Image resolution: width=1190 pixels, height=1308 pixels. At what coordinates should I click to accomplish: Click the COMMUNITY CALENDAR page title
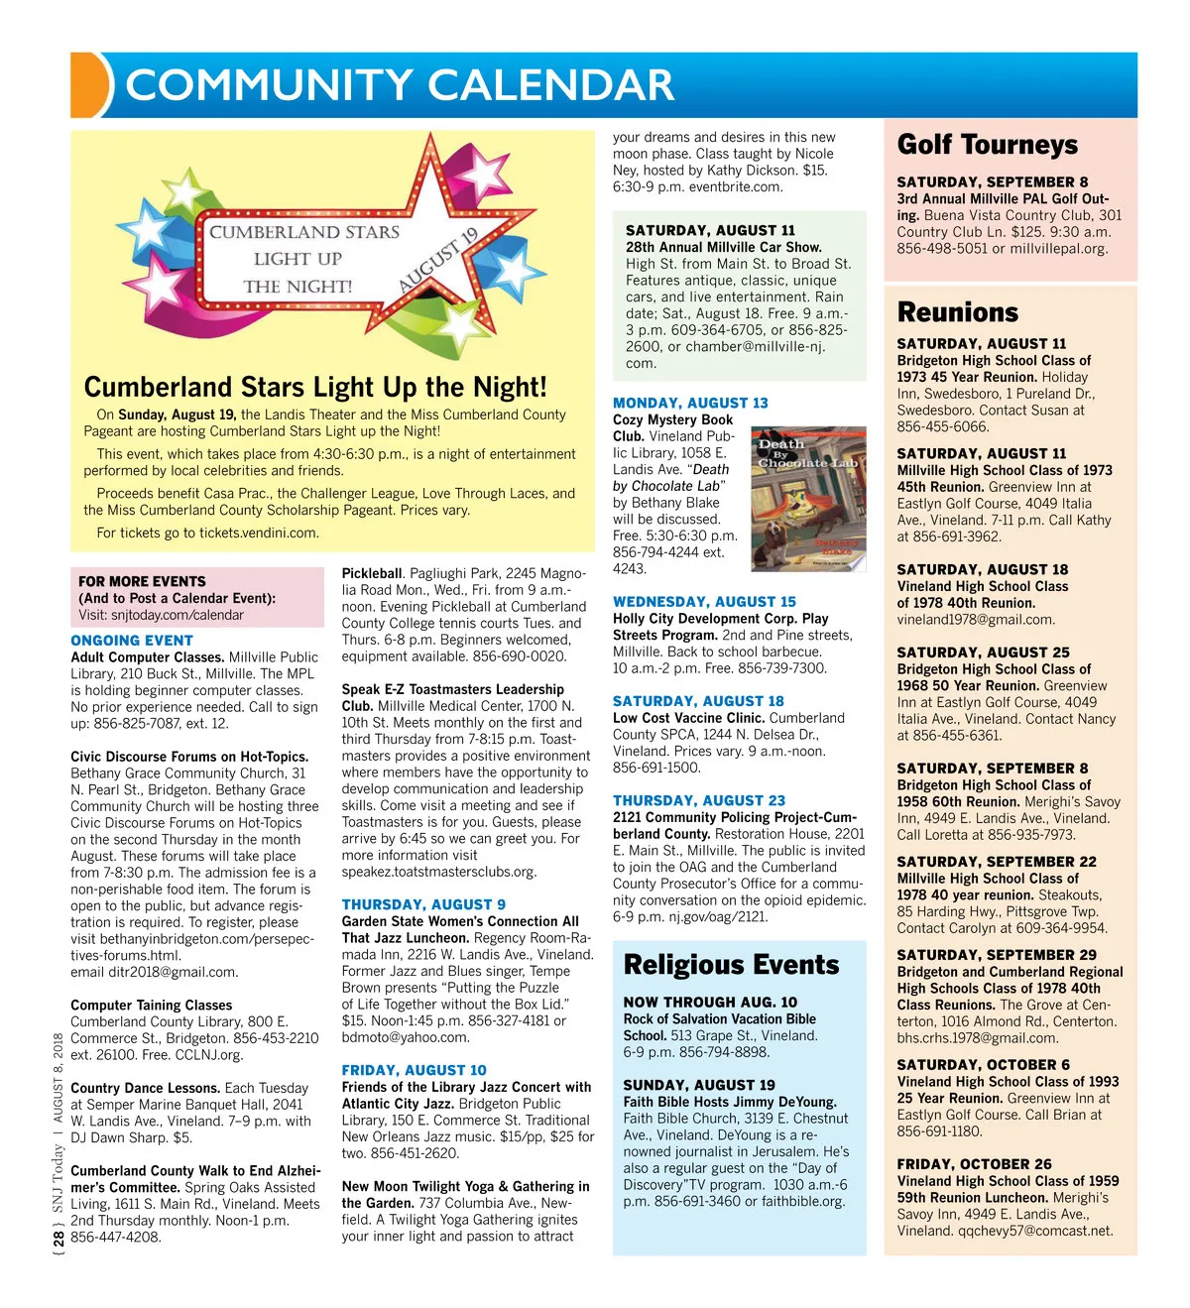coord(400,85)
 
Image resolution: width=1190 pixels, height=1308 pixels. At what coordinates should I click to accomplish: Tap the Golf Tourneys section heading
coord(987,145)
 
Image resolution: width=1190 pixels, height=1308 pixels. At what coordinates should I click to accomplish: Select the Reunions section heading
coord(957,312)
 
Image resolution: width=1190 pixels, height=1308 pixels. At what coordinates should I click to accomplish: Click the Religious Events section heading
coord(731,965)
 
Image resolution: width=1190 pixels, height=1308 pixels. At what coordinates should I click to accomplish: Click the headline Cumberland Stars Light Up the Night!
coord(315,387)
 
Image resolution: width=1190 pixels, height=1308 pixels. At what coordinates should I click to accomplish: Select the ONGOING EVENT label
coord(132,641)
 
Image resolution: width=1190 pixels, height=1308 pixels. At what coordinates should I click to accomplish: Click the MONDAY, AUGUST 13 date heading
coord(690,403)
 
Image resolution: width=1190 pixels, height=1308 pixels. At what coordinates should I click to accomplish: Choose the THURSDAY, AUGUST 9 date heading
coord(423,904)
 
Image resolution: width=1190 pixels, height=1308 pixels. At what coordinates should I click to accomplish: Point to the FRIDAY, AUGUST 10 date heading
coord(414,1070)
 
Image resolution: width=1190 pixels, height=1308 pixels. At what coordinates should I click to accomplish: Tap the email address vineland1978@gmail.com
coord(976,620)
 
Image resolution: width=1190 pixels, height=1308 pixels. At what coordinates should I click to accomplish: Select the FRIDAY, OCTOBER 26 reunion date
coord(974,1164)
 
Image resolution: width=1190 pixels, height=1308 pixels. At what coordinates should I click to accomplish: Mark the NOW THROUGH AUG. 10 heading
coord(710,1003)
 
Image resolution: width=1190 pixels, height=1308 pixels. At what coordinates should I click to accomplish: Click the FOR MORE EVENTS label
coord(142,581)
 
